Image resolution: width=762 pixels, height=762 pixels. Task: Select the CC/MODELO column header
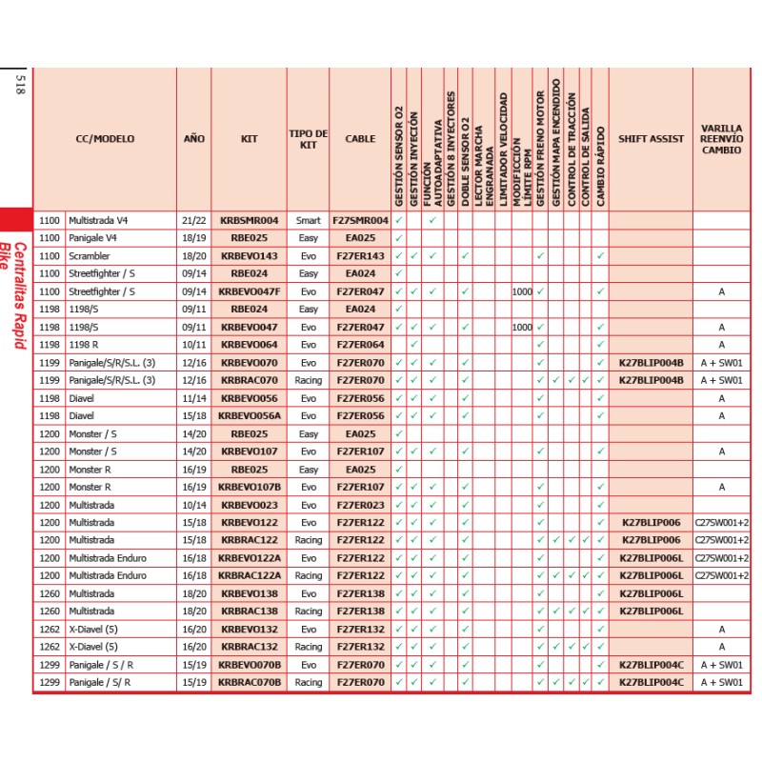(x=105, y=139)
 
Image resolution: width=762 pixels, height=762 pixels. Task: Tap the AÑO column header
(x=193, y=139)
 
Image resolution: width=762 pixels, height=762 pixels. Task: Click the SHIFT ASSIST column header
(x=652, y=139)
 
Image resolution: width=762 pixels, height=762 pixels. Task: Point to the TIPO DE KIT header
(x=308, y=139)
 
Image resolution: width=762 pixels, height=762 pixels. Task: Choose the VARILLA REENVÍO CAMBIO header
(x=721, y=139)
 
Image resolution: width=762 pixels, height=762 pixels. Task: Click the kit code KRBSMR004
(x=250, y=220)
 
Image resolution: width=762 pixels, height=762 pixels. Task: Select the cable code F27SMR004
(x=360, y=220)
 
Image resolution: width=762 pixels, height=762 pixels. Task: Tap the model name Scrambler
(x=89, y=256)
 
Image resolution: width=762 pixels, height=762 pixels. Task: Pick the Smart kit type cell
(x=308, y=220)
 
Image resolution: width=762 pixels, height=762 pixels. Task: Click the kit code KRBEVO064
(x=250, y=345)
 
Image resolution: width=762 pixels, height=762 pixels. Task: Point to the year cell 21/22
(x=193, y=220)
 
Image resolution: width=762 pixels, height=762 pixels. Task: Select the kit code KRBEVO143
(x=250, y=256)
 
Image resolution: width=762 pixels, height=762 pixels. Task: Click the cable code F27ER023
(x=360, y=505)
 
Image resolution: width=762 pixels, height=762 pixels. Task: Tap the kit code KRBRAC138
(x=250, y=612)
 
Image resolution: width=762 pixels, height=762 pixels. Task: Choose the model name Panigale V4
(x=92, y=238)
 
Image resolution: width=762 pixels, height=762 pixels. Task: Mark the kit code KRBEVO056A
(x=250, y=416)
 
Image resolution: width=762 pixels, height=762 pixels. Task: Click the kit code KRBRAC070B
(x=250, y=683)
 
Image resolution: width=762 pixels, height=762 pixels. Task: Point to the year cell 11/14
(x=193, y=398)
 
